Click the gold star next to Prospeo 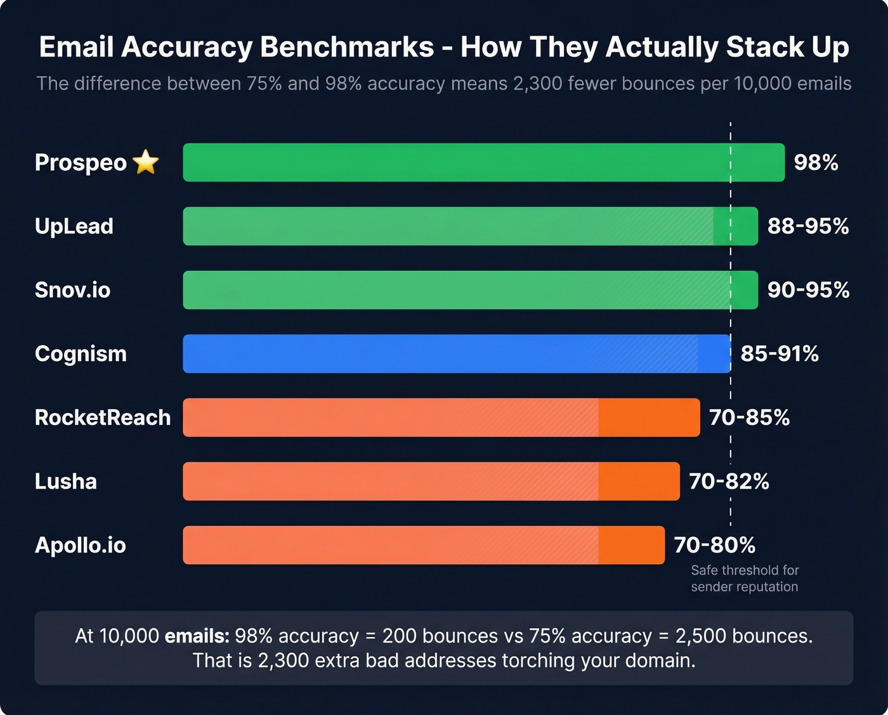tap(146, 162)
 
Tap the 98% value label tap(816, 162)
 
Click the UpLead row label tap(74, 226)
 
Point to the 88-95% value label tap(807, 226)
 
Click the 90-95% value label tap(808, 290)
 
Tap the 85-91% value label tap(780, 353)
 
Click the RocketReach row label tap(103, 417)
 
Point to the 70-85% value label tap(749, 417)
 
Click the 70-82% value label tap(729, 482)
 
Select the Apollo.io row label tap(81, 545)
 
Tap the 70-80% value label tap(714, 545)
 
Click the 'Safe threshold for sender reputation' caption tap(745, 579)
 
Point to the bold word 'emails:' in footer tap(197, 636)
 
